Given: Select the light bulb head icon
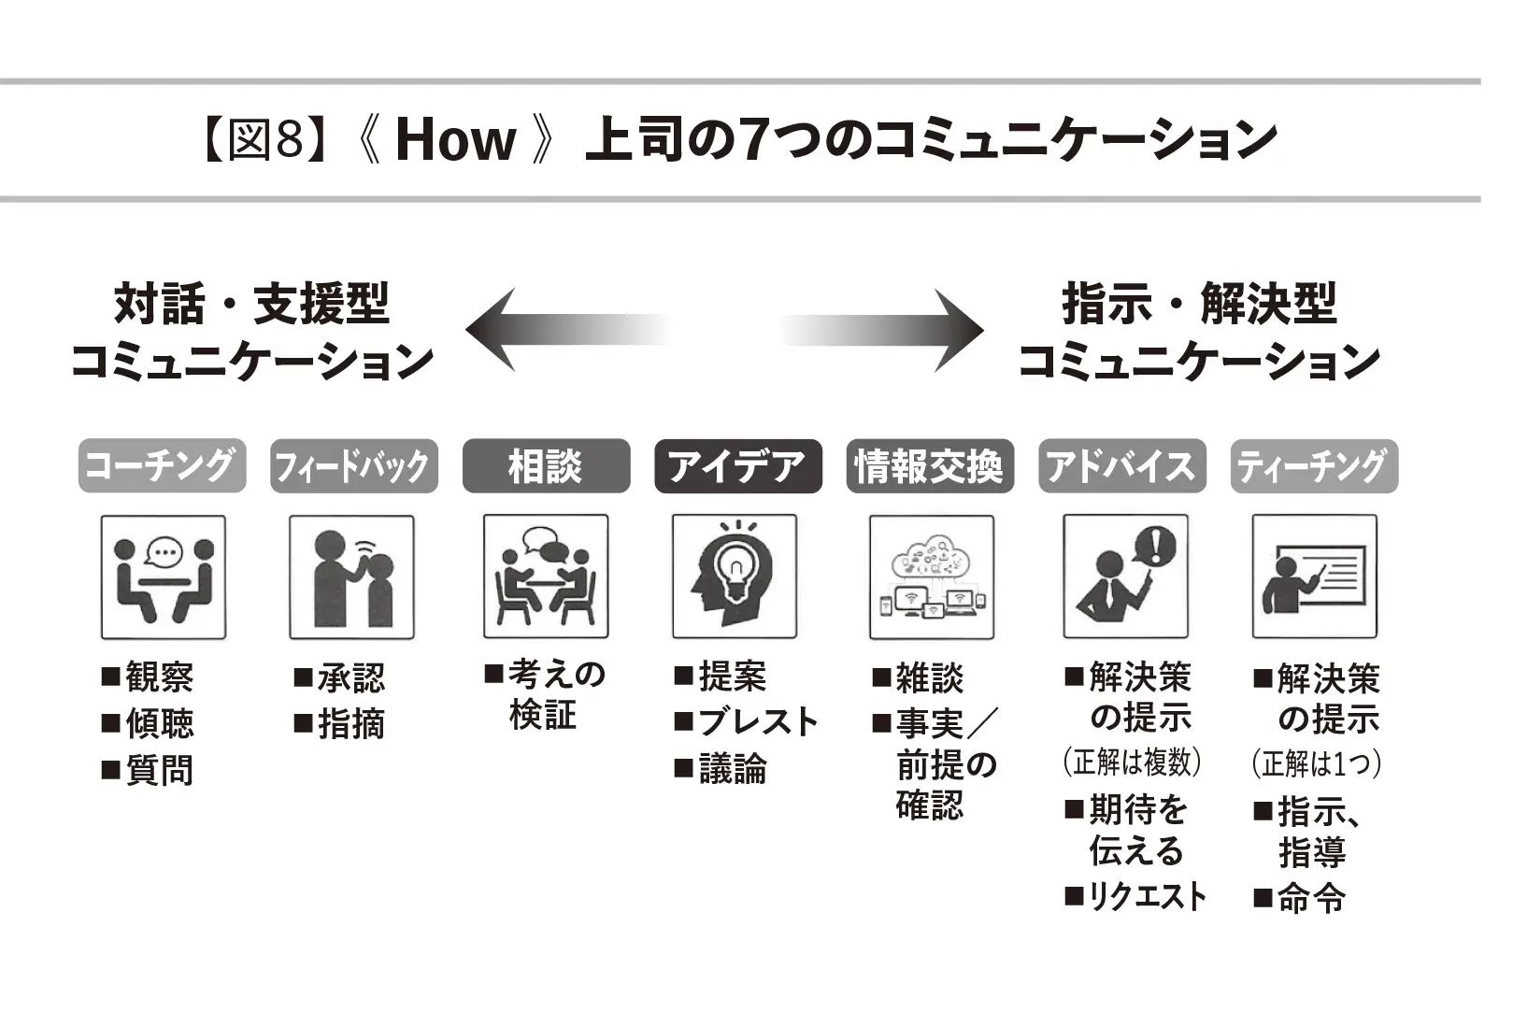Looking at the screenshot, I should tap(735, 577).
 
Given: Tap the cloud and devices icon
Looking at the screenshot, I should tap(932, 577).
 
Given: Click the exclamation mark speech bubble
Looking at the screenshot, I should tap(1157, 545).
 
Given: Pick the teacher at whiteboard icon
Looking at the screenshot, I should tap(1314, 577).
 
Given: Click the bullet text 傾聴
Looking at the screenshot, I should tap(160, 724).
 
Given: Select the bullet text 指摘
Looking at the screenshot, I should tap(350, 724).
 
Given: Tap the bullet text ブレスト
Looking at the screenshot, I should tap(758, 722).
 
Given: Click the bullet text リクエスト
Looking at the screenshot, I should tap(1148, 897).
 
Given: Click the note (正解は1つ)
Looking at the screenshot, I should tap(1316, 764).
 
